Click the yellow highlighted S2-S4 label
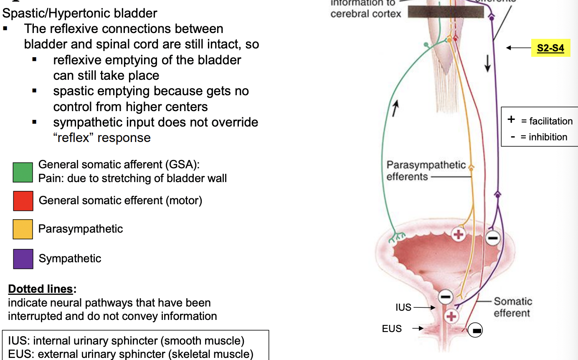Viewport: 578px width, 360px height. (550, 48)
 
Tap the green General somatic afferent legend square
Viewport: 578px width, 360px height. (23, 172)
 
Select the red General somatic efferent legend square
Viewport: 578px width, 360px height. (23, 201)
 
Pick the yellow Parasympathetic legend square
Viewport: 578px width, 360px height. (23, 229)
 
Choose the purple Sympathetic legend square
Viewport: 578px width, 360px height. (23, 259)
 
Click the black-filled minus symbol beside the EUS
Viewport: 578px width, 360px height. (475, 330)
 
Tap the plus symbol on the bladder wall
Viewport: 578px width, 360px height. (459, 234)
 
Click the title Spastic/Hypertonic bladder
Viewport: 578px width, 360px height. (80, 13)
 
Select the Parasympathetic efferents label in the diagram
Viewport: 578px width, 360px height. (426, 171)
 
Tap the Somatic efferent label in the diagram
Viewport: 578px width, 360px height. (512, 307)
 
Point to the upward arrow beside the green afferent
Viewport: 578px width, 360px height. (395, 109)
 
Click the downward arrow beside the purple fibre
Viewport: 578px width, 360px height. (487, 63)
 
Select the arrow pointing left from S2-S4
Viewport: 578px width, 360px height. (518, 48)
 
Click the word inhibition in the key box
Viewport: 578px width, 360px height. (548, 137)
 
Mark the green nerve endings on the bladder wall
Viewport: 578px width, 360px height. (397, 238)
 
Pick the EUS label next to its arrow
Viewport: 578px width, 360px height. (392, 329)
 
